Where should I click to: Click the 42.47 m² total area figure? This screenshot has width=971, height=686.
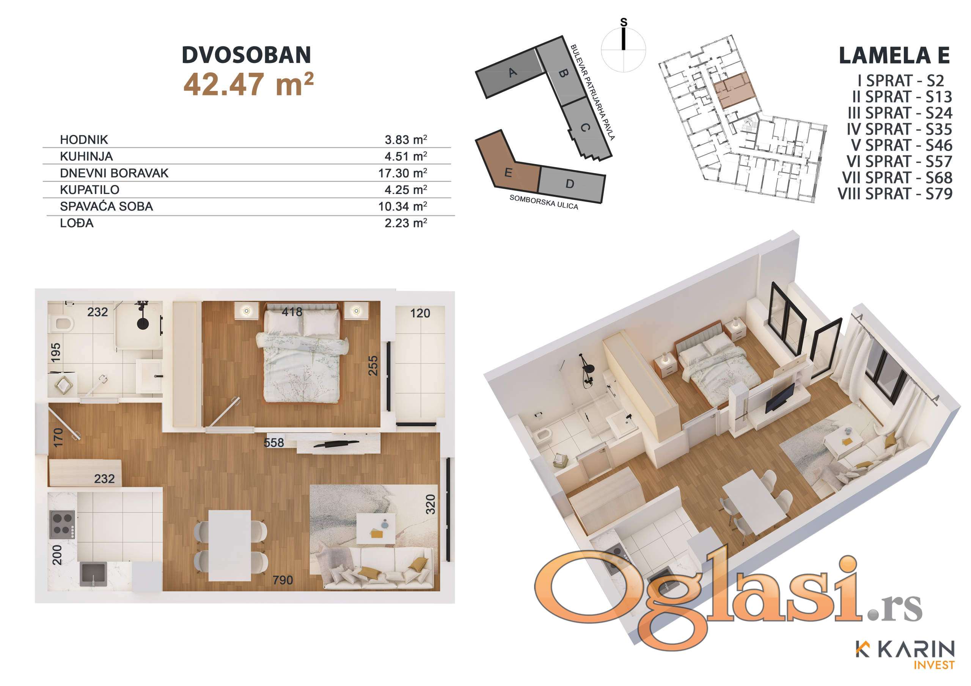click(x=248, y=84)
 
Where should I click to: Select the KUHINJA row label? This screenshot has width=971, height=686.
click(x=86, y=157)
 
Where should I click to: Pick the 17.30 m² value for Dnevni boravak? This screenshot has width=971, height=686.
click(x=402, y=173)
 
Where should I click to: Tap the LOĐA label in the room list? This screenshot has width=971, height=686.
click(x=77, y=223)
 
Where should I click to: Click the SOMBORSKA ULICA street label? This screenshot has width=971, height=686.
click(x=544, y=202)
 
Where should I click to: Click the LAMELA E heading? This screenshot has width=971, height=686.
click(x=894, y=55)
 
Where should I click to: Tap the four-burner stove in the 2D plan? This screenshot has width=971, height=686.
click(x=62, y=525)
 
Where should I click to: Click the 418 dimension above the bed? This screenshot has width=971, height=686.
click(x=292, y=312)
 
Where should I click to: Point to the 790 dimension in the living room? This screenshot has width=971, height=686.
click(x=283, y=580)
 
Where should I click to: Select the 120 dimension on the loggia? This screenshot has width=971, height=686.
click(x=420, y=313)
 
